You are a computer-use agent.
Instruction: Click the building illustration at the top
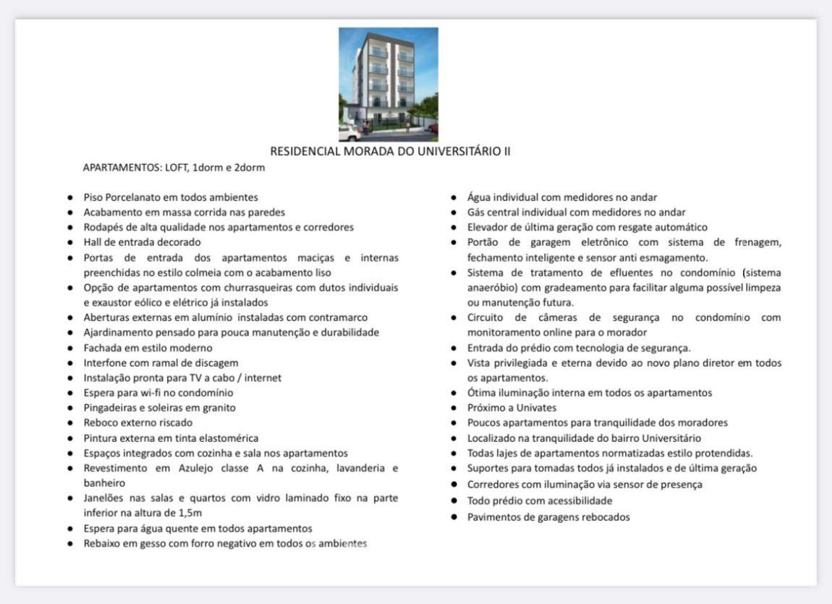(x=389, y=83)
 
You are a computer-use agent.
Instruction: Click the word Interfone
(x=105, y=362)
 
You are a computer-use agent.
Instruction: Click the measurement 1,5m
(x=187, y=513)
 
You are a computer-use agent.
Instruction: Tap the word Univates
(x=533, y=408)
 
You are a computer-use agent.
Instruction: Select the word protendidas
(x=723, y=454)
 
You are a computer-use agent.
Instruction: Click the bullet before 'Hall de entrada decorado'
(x=69, y=242)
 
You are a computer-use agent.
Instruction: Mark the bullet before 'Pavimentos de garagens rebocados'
(x=454, y=517)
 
